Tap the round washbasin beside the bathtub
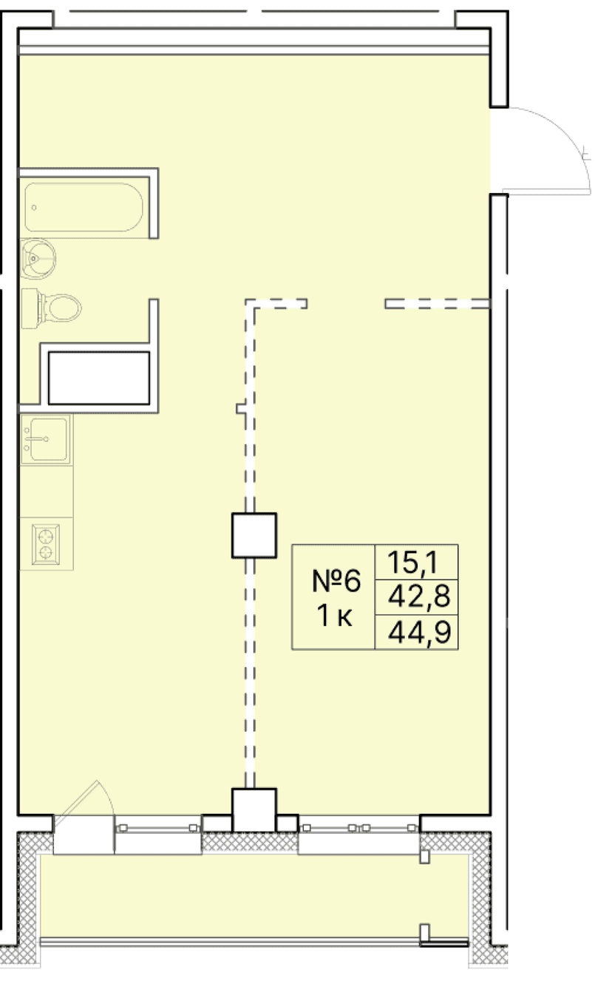pyautogui.click(x=37, y=258)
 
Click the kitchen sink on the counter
pyautogui.click(x=45, y=439)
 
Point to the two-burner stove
pyautogui.click(x=47, y=543)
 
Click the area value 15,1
pyautogui.click(x=417, y=563)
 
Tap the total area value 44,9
pyautogui.click(x=417, y=633)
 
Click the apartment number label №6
pyautogui.click(x=335, y=582)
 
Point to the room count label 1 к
pyautogui.click(x=335, y=615)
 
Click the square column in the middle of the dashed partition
pyautogui.click(x=254, y=535)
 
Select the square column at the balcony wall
pyautogui.click(x=254, y=810)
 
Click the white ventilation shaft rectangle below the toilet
pyautogui.click(x=99, y=377)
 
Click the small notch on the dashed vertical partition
pyautogui.click(x=240, y=408)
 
